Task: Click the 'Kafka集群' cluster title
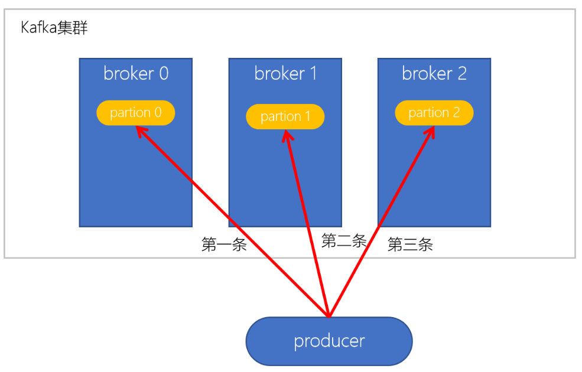coord(54,28)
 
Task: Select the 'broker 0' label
coord(136,73)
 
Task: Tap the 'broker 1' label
coord(285,73)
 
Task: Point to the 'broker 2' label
coord(434,73)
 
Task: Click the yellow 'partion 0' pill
coord(136,113)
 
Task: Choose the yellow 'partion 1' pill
coord(285,117)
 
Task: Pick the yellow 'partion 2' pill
coord(434,113)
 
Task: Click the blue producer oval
coord(329,341)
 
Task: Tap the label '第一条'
coord(224,245)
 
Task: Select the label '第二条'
coord(344,240)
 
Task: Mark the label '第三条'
coord(410,245)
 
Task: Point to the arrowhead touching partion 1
coord(287,135)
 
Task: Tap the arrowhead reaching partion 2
coord(431,130)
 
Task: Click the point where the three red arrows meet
coord(329,315)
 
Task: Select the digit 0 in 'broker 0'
coord(163,73)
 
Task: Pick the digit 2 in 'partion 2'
coord(456,113)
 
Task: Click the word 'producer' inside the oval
coord(329,341)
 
